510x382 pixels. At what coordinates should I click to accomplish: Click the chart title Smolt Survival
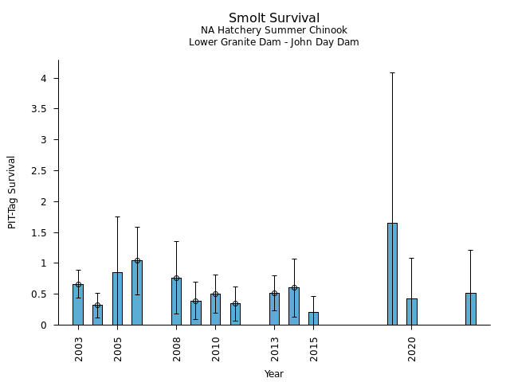point(274,18)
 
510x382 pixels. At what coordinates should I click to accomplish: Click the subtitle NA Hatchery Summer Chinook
point(274,30)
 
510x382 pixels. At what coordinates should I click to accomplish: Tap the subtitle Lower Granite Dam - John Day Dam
point(274,42)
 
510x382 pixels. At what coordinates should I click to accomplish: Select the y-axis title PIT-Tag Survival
point(12,192)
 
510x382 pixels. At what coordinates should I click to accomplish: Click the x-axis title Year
point(274,374)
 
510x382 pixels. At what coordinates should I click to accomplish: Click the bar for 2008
point(176,302)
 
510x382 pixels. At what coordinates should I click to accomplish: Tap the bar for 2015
point(313,318)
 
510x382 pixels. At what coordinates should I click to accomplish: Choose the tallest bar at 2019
point(392,274)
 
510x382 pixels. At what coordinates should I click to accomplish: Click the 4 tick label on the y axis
point(45,78)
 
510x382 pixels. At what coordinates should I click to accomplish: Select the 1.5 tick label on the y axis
point(41,232)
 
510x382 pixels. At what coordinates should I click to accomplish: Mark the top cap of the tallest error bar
point(392,72)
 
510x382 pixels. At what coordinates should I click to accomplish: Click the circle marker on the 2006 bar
point(137,260)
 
